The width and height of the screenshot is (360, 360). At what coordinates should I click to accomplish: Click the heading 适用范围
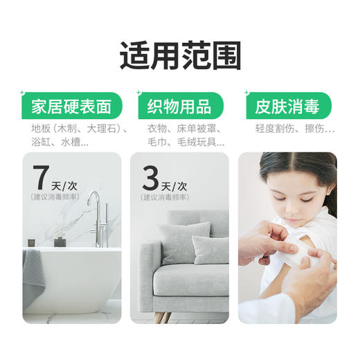pyautogui.click(x=179, y=55)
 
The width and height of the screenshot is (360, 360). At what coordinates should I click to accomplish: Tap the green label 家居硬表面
pyautogui.click(x=71, y=107)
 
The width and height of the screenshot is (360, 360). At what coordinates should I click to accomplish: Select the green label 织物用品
pyautogui.click(x=179, y=107)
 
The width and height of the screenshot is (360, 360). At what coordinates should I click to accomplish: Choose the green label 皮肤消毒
pyautogui.click(x=286, y=107)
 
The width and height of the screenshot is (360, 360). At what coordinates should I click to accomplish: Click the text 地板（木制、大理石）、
pyautogui.click(x=71, y=129)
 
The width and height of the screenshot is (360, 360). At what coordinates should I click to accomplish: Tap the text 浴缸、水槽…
pyautogui.click(x=60, y=143)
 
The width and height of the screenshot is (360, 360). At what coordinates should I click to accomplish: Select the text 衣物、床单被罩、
pyautogui.click(x=177, y=129)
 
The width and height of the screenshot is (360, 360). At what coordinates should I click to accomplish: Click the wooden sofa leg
pyautogui.click(x=161, y=318)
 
